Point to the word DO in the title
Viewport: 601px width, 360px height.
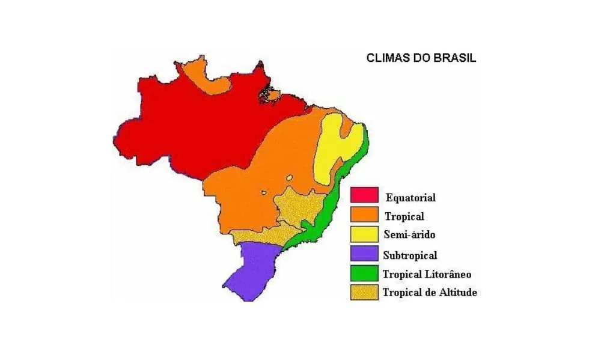tap(418, 59)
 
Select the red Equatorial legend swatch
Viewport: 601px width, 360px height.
tap(364, 195)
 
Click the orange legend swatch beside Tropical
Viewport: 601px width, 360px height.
tap(364, 214)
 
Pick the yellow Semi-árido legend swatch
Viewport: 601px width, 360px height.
tap(364, 234)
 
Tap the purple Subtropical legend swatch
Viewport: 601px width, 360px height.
tap(364, 254)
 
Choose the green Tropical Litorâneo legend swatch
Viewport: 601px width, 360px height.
tap(364, 273)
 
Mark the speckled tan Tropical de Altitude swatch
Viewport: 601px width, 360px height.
tap(364, 293)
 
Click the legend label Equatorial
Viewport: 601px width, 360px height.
tap(410, 197)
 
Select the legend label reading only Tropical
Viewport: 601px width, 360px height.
tap(404, 216)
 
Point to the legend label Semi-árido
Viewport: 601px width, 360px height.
tap(408, 234)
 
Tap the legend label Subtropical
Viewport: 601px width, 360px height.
tap(410, 255)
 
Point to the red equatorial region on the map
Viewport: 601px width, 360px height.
tap(192, 126)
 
